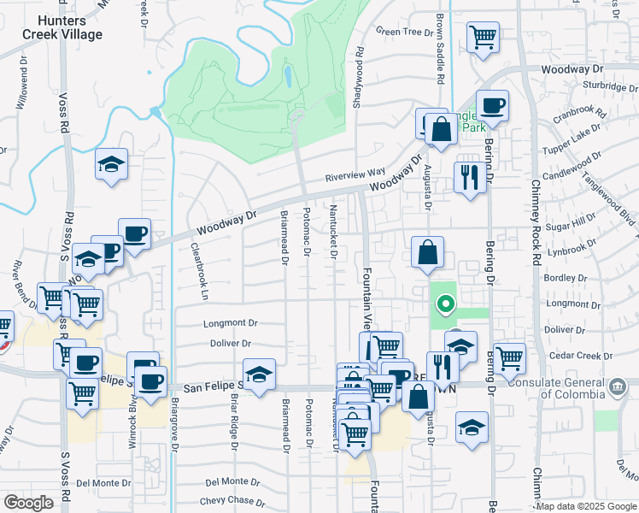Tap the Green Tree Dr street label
(405, 32)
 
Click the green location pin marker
(445, 304)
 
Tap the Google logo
(28, 503)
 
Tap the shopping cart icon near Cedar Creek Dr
(509, 357)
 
